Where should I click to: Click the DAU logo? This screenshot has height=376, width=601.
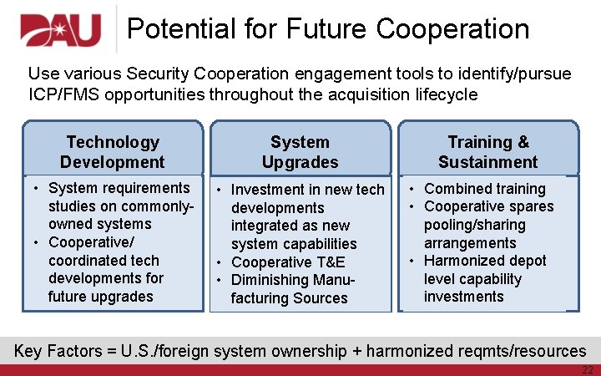[x=60, y=31]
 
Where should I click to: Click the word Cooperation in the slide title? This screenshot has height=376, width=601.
[x=452, y=29]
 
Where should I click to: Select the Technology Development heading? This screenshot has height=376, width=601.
[x=113, y=152]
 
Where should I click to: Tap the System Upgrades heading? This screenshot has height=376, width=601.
[x=300, y=152]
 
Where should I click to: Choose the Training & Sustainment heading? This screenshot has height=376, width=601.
[x=488, y=152]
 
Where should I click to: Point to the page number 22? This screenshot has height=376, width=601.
[x=587, y=369]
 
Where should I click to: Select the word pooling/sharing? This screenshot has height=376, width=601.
[x=474, y=225]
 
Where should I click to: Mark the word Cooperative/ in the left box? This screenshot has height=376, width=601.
[x=90, y=242]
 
